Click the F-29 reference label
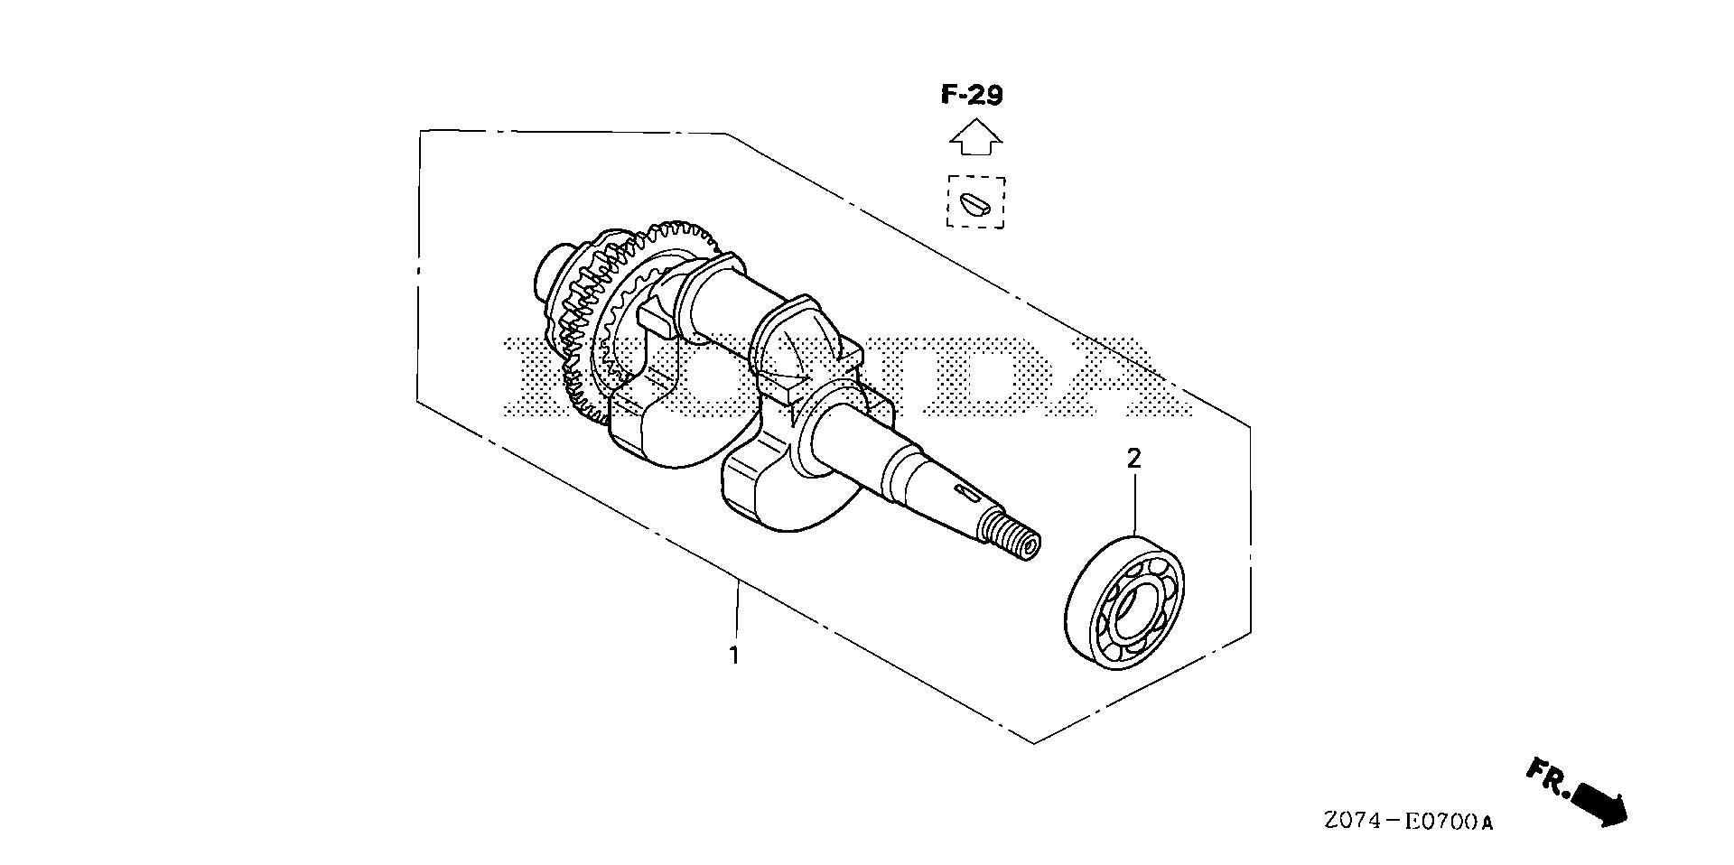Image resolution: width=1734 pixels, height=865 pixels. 972,95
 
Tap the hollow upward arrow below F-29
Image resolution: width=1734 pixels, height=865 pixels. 974,138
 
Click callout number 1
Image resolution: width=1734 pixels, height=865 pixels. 734,656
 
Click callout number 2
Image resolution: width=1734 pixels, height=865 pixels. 1134,458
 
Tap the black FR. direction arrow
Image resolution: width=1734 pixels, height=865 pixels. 1599,804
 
